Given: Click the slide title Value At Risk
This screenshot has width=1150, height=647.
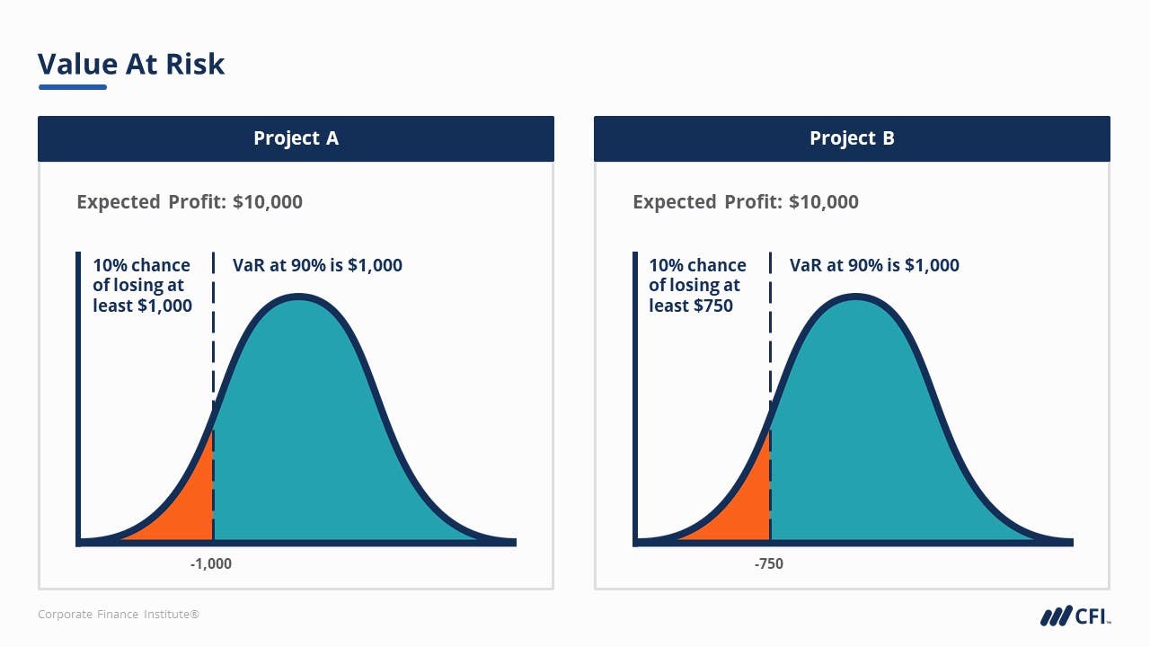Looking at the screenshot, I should click(x=131, y=64).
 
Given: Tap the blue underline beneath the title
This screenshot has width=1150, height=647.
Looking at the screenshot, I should click(x=72, y=87).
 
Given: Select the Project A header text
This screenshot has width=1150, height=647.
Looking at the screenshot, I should click(x=296, y=138).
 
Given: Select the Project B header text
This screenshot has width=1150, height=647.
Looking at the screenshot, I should click(x=852, y=138).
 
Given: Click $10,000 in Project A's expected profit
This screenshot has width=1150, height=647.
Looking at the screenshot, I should click(x=268, y=202).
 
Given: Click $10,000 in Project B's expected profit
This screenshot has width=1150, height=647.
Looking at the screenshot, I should click(x=824, y=202).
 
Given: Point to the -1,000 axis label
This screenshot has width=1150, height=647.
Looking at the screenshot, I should click(x=211, y=563).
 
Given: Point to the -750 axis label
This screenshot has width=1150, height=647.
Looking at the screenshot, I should click(x=769, y=563).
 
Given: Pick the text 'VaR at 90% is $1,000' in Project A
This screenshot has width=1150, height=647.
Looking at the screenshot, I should click(x=317, y=265).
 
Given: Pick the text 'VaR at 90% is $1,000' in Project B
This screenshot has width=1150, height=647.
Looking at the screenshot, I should click(x=874, y=265).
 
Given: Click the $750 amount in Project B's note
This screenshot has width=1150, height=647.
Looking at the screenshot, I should click(x=713, y=306).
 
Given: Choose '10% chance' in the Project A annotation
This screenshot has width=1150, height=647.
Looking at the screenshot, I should click(x=141, y=265).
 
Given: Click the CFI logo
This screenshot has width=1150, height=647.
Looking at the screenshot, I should click(x=1075, y=616).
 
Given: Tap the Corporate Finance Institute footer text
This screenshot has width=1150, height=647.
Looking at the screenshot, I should click(x=118, y=615).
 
